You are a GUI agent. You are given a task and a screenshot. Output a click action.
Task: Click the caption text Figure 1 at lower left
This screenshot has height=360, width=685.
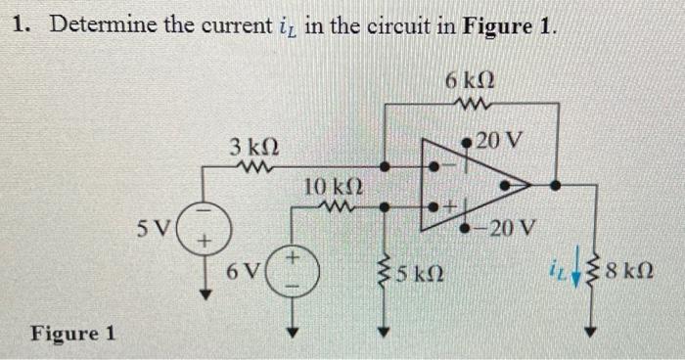click(x=72, y=333)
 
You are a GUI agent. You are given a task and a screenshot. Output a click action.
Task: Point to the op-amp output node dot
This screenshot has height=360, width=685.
click(x=554, y=183)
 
